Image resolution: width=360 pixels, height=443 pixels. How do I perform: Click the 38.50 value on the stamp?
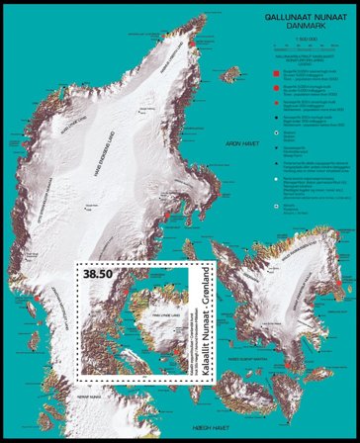click(103, 273)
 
